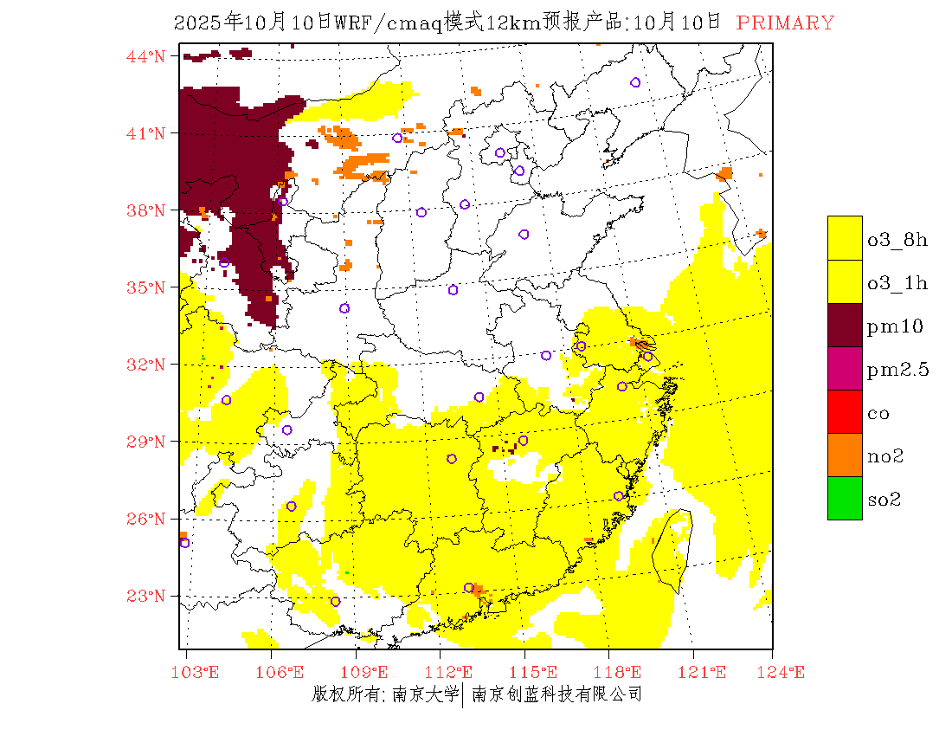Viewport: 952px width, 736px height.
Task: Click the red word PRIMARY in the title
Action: (x=785, y=23)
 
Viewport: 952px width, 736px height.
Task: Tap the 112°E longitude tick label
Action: (x=452, y=672)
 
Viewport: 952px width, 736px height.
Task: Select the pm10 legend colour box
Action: (x=845, y=325)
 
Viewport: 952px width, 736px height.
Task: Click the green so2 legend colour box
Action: (x=845, y=498)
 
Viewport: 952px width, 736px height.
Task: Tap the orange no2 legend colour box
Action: (x=845, y=455)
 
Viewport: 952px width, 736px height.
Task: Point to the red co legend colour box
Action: (x=845, y=411)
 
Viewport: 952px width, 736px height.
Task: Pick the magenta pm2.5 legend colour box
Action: (x=845, y=368)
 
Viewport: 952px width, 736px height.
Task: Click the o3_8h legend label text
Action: (x=897, y=240)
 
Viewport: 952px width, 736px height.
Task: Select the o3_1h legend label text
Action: (x=897, y=283)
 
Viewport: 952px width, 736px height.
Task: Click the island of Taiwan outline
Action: (x=672, y=550)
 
